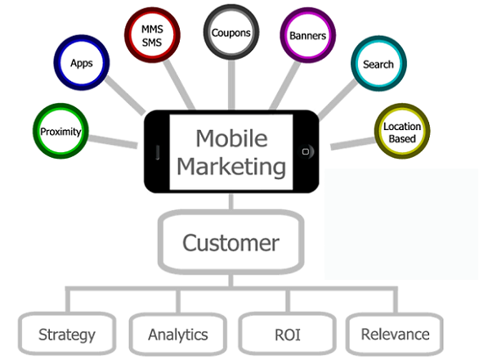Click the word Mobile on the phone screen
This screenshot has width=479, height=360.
(x=231, y=138)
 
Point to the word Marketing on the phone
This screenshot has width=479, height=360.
(x=231, y=167)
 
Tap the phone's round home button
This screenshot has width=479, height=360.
(x=306, y=151)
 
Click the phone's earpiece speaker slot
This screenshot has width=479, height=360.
(x=158, y=152)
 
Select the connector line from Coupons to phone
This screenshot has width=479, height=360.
(x=231, y=85)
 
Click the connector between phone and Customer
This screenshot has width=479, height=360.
(x=231, y=201)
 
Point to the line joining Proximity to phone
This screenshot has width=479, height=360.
(x=113, y=142)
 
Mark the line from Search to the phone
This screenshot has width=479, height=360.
(x=338, y=99)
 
